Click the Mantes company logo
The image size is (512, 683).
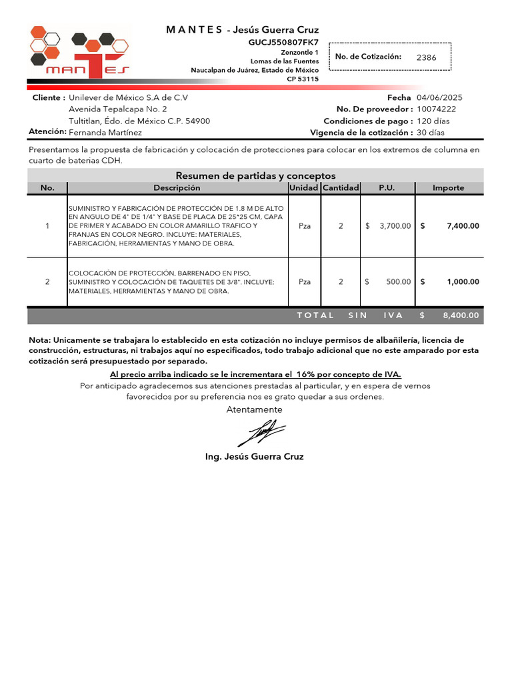click(79, 53)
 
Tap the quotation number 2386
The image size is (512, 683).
click(426, 57)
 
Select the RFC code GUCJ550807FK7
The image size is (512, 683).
click(283, 42)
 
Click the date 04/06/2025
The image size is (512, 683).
click(439, 97)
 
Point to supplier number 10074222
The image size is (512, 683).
click(436, 109)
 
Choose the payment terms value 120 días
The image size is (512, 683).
click(433, 121)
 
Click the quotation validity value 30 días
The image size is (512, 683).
click(431, 132)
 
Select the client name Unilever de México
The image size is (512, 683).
click(128, 97)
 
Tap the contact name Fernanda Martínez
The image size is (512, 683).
click(105, 132)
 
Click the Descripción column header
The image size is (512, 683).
click(177, 188)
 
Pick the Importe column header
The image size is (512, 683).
click(448, 188)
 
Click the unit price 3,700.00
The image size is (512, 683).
click(395, 226)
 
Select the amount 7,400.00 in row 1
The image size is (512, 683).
click(463, 226)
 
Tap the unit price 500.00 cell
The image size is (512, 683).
click(398, 281)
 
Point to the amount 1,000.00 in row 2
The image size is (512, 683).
click(463, 281)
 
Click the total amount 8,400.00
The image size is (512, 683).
click(461, 315)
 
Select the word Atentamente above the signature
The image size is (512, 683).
click(254, 410)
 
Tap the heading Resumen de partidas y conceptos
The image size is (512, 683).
click(255, 175)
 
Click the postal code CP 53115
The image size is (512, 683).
click(303, 79)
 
